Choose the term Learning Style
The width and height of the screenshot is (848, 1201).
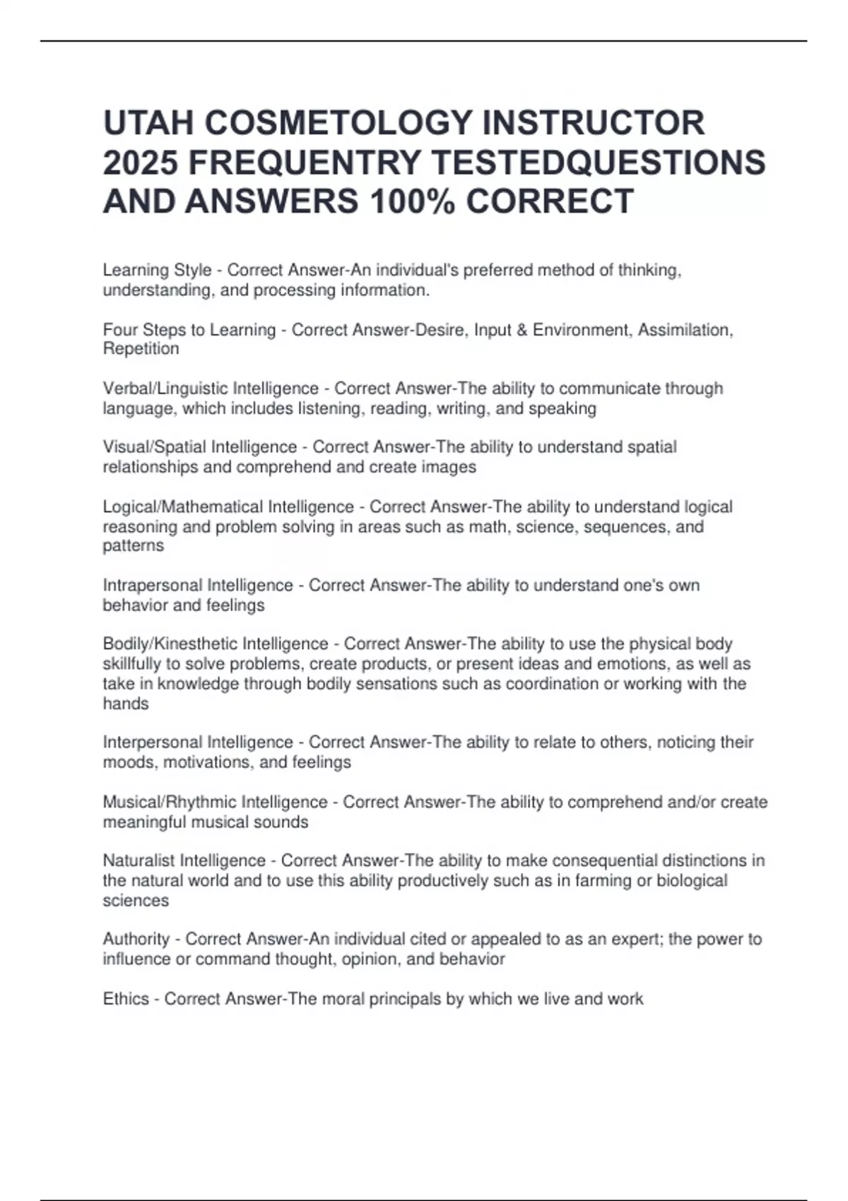click(157, 270)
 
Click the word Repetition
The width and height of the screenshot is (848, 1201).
click(141, 348)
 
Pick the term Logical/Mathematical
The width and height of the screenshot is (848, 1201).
click(182, 507)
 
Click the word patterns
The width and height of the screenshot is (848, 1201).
click(133, 545)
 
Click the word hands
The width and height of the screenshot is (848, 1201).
click(126, 704)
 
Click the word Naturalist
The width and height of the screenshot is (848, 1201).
click(139, 860)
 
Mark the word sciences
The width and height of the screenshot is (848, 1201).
click(136, 901)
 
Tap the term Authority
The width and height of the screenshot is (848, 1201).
click(136, 939)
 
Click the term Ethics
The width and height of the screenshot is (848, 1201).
click(126, 999)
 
